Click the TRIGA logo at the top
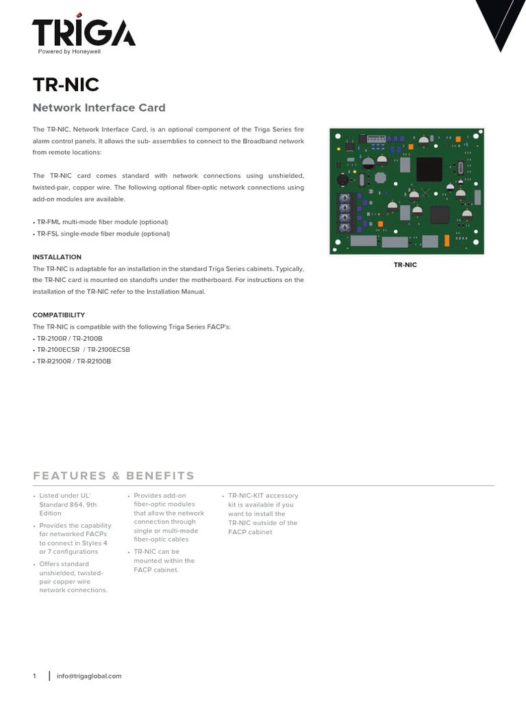point(83,31)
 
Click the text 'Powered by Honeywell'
point(68,52)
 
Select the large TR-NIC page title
point(66,85)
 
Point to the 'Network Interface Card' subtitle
point(99,107)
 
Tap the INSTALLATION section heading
point(58,257)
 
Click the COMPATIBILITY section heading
point(59,315)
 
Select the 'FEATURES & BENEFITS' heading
point(114,476)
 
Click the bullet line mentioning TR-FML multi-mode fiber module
point(101,222)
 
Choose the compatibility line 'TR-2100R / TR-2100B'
point(68,338)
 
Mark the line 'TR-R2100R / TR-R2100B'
point(73,361)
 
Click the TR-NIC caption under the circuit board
point(405,264)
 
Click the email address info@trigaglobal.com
point(89,676)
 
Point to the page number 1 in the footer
point(34,676)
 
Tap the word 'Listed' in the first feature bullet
point(50,496)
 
